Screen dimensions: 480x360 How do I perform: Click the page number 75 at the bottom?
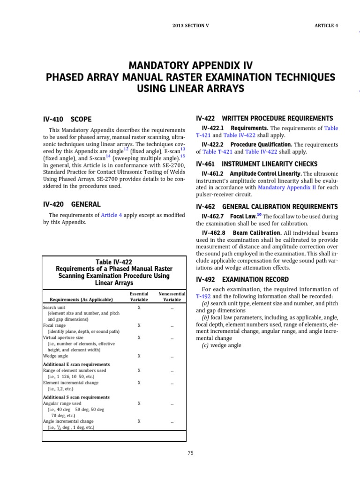pyautogui.click(x=190, y=452)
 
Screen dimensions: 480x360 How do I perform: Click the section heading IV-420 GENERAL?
pyautogui.click(x=72, y=204)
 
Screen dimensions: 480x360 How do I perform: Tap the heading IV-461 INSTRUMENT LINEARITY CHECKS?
pyautogui.click(x=257, y=164)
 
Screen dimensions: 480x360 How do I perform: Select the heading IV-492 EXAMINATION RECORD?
pyautogui.click(x=242, y=279)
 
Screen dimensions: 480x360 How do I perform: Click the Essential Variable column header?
pyautogui.click(x=139, y=296)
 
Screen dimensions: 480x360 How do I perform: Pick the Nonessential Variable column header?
pyautogui.click(x=172, y=296)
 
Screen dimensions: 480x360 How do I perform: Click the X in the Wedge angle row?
pyautogui.click(x=139, y=356)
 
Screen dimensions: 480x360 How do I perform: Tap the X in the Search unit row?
pyautogui.click(x=139, y=307)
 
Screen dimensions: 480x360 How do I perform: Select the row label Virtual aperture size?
pyautogui.click(x=63, y=337)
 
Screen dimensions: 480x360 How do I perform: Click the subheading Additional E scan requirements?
pyautogui.click(x=76, y=364)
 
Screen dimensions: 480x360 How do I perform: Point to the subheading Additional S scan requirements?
pyautogui.click(x=76, y=397)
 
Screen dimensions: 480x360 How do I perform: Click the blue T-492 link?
pyautogui.click(x=203, y=296)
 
